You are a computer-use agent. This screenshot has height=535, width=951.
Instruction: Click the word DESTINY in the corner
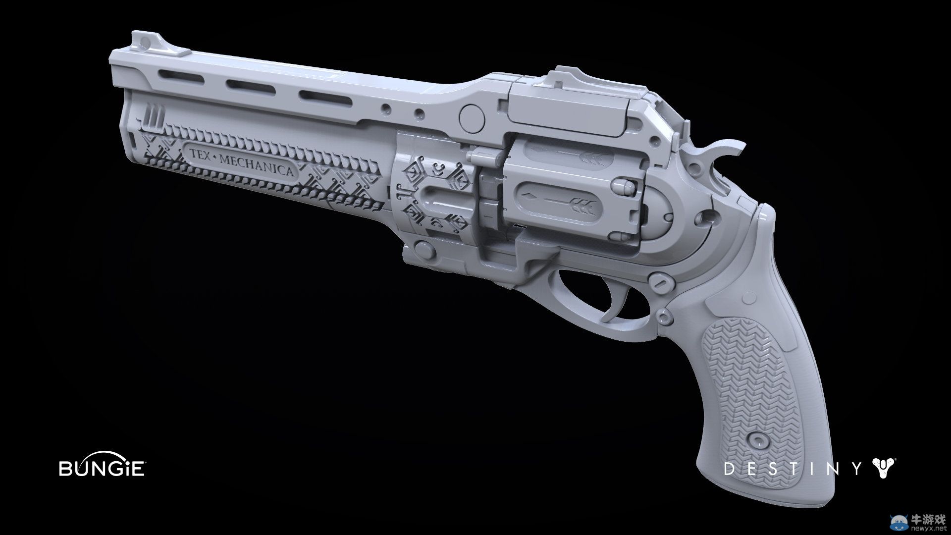click(x=794, y=275)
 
